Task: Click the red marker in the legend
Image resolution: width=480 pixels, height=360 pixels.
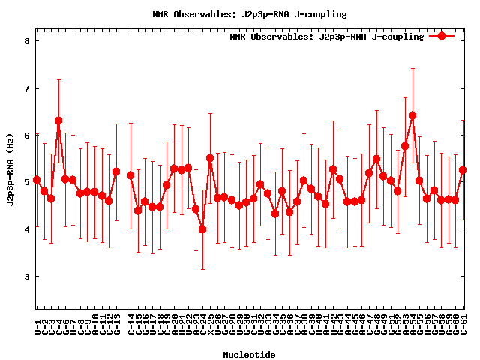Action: point(442,36)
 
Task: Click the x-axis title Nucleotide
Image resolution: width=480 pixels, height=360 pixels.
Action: point(250,354)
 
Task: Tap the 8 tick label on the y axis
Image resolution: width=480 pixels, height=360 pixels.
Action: point(26,40)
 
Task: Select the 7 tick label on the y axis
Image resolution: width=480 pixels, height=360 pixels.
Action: point(26,88)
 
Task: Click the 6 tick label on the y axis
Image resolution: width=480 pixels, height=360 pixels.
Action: point(26,135)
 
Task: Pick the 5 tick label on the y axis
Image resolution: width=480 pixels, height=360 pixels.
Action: point(26,182)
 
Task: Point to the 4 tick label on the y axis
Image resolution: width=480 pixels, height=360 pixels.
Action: point(26,229)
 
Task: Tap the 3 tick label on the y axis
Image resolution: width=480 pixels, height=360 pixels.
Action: point(26,277)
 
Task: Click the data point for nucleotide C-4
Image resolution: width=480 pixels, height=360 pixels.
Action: point(58,121)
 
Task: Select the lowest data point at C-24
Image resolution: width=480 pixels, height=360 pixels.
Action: point(202,229)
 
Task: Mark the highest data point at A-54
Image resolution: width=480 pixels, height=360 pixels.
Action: point(412,115)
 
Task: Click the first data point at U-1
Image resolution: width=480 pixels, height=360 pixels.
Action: point(37,181)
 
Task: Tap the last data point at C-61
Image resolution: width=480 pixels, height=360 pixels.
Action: point(463,170)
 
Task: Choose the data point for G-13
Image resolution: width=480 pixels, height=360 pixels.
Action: point(116,172)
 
